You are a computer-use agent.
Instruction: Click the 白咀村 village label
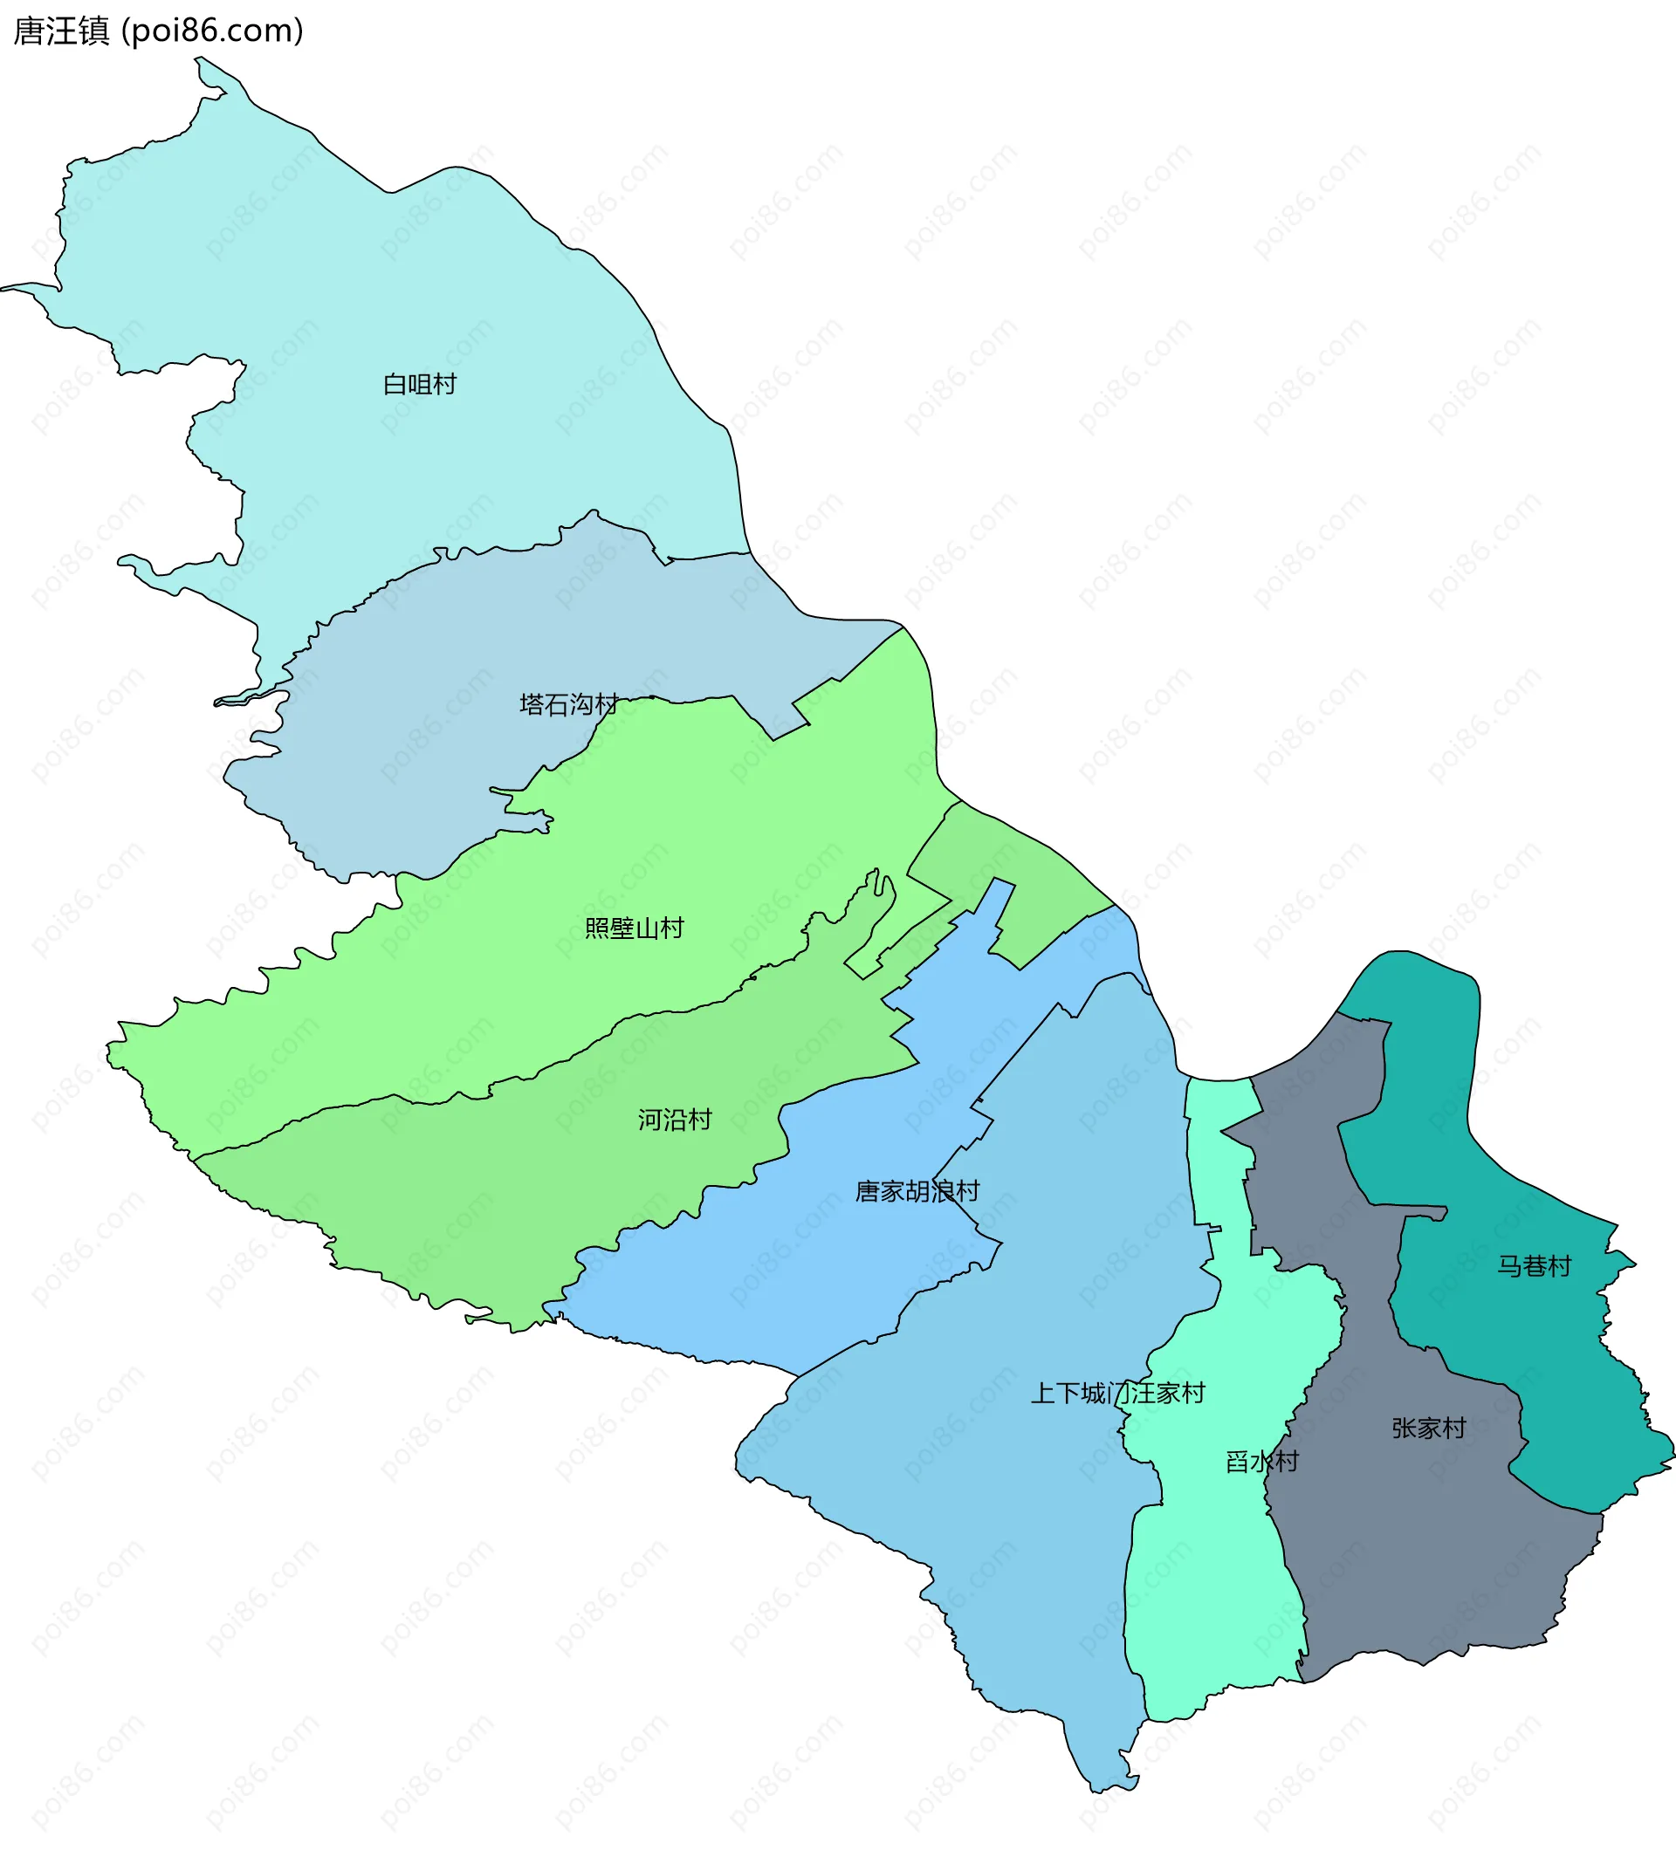pyautogui.click(x=420, y=385)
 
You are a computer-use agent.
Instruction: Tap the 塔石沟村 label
pyautogui.click(x=568, y=704)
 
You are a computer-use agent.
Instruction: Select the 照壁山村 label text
pyautogui.click(x=635, y=928)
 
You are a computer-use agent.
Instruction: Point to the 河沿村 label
pyautogui.click(x=675, y=1120)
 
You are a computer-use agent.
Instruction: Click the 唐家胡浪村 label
pyautogui.click(x=917, y=1191)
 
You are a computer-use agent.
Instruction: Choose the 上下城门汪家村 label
pyautogui.click(x=1117, y=1393)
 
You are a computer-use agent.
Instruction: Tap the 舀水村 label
pyautogui.click(x=1262, y=1461)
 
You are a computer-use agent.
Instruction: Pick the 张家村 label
pyautogui.click(x=1428, y=1428)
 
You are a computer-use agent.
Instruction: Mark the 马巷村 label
pyautogui.click(x=1534, y=1266)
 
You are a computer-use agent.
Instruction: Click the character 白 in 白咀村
pyautogui.click(x=395, y=385)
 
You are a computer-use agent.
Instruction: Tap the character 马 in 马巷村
pyautogui.click(x=1509, y=1266)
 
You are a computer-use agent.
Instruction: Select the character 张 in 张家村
pyautogui.click(x=1404, y=1428)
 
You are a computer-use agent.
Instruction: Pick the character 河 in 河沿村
pyautogui.click(x=649, y=1120)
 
